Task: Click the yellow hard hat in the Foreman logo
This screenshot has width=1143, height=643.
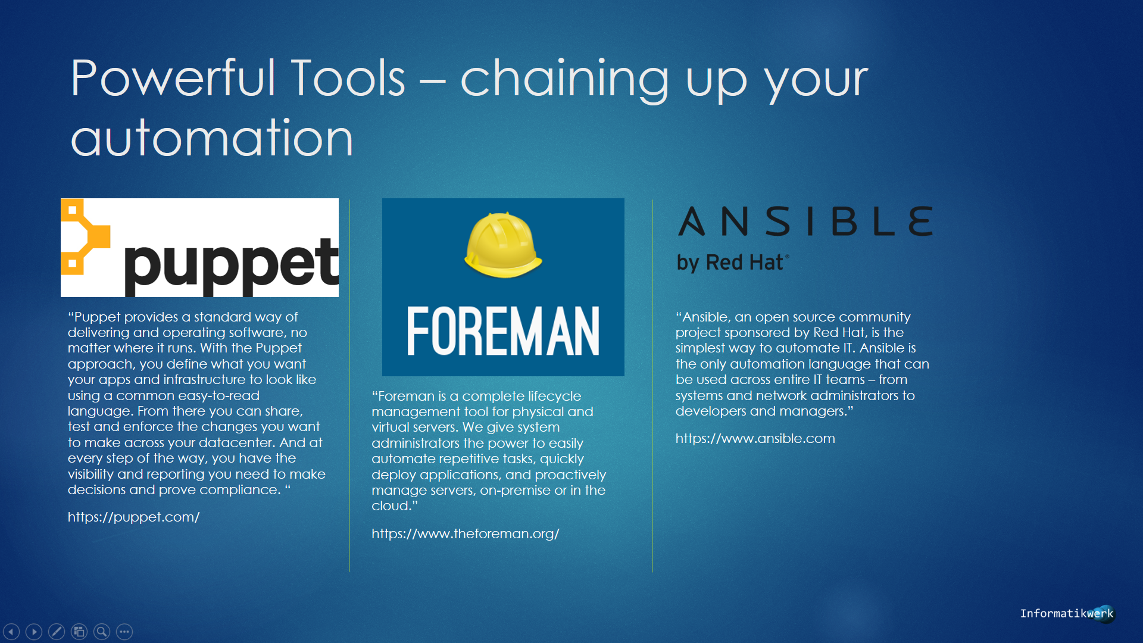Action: point(503,245)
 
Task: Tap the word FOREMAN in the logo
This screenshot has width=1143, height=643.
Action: point(503,331)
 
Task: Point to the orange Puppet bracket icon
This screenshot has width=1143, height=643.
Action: point(85,237)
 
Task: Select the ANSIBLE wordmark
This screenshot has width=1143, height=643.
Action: point(805,221)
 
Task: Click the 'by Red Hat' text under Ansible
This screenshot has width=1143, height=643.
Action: point(733,263)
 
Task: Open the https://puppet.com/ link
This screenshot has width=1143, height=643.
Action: point(133,517)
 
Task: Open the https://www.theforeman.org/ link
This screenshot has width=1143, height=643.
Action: point(465,533)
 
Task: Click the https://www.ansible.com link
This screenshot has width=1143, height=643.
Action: point(755,438)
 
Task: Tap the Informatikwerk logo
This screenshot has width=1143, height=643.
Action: point(1067,613)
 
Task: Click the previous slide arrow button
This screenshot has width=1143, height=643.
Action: point(11,632)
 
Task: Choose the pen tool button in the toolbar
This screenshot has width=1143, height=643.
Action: point(57,632)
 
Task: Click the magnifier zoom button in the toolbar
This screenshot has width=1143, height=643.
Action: point(102,632)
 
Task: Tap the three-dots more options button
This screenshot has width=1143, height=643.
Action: point(124,632)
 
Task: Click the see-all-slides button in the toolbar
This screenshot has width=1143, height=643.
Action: point(79,632)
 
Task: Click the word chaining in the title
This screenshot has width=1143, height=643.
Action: point(565,80)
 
